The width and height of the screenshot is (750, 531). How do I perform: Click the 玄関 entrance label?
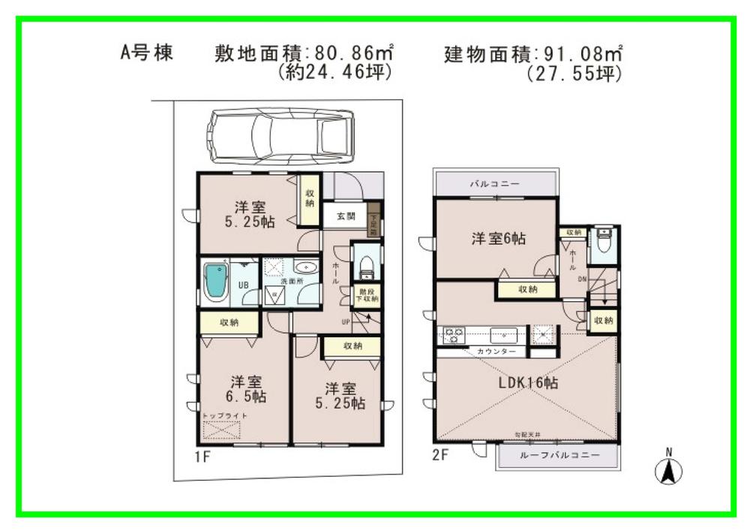tap(346, 216)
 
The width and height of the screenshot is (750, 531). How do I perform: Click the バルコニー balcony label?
tap(495, 183)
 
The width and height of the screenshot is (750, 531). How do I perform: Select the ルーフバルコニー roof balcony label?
tap(559, 456)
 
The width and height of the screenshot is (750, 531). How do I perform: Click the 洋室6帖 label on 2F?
tap(498, 240)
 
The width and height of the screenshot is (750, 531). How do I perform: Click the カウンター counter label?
tap(496, 351)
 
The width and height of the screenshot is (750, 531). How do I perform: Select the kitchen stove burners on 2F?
tap(453, 335)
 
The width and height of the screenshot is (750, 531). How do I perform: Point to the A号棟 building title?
tap(148, 53)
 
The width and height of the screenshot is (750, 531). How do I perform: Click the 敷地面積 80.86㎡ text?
tap(304, 54)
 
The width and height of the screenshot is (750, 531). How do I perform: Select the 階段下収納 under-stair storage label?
tap(367, 294)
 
